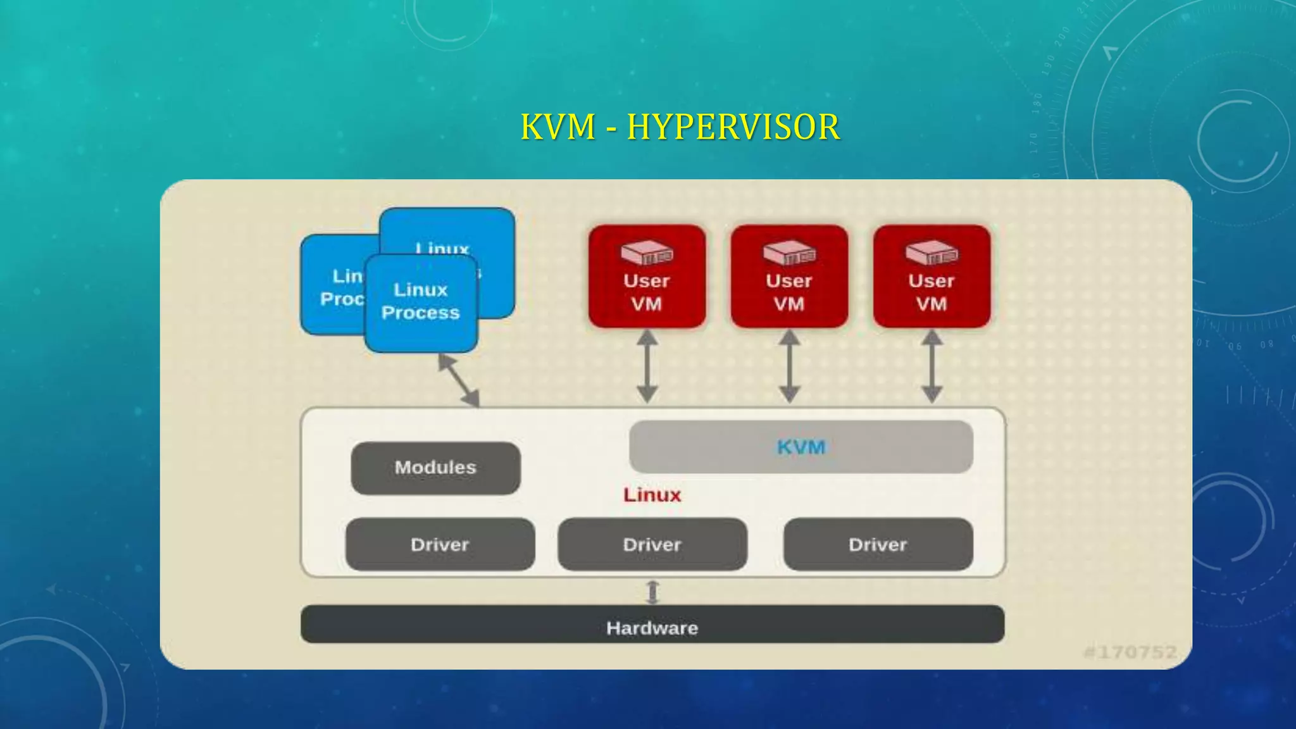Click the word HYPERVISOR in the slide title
click(x=733, y=127)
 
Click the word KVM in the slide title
click(x=558, y=127)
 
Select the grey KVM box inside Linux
click(x=801, y=447)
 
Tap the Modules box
click(x=435, y=468)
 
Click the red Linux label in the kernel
click(x=652, y=495)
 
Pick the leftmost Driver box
click(x=440, y=544)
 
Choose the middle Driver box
click(x=652, y=544)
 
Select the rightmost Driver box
click(x=878, y=544)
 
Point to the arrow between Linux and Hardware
click(x=652, y=592)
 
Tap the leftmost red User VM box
click(x=647, y=277)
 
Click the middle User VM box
click(x=789, y=277)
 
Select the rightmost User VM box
click(x=931, y=277)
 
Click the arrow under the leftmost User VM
click(x=647, y=367)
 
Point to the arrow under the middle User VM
click(x=789, y=367)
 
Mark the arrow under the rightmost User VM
click(x=931, y=367)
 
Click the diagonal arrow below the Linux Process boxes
click(x=459, y=380)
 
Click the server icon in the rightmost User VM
click(x=931, y=253)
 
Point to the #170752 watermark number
click(x=1130, y=652)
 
